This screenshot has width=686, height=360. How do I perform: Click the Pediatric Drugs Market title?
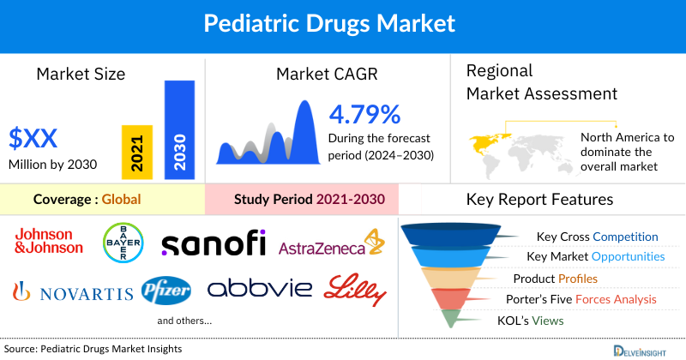click(343, 22)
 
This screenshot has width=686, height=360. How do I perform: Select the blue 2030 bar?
click(179, 130)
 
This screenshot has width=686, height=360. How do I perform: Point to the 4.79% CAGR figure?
click(364, 114)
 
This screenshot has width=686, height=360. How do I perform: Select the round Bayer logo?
click(122, 242)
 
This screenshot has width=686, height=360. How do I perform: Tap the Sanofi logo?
click(214, 243)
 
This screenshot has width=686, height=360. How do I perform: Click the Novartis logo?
click(73, 292)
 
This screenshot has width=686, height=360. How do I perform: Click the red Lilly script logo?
click(354, 289)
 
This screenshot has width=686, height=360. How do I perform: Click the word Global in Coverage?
click(121, 200)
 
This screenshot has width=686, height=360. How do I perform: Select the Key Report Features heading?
click(539, 200)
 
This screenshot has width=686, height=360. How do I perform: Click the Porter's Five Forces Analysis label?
click(585, 299)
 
